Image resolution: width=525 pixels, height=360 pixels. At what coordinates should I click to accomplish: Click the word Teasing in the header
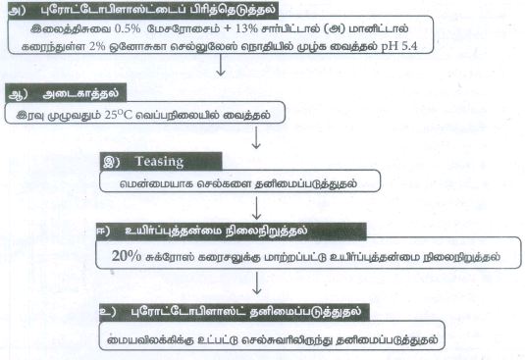[x=159, y=162]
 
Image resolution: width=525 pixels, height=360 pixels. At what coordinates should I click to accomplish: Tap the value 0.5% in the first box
[x=128, y=28]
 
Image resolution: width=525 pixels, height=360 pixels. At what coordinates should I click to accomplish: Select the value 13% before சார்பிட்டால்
[x=246, y=28]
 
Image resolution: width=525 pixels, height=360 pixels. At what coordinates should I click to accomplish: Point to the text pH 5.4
[x=399, y=46]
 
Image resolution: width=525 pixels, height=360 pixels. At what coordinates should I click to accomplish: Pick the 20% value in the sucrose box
[x=127, y=256]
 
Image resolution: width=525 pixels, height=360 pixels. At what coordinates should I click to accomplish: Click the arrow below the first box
[x=221, y=65]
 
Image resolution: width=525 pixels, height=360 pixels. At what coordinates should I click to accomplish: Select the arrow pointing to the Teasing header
[x=256, y=137]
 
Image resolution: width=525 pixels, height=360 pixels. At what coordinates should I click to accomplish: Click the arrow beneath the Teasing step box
[x=256, y=208]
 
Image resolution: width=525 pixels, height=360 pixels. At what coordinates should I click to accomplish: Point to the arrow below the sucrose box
[x=257, y=283]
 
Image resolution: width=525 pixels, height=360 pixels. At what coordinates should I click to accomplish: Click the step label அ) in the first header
[x=17, y=10]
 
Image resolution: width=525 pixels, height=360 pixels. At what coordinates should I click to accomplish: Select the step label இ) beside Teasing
[x=112, y=162]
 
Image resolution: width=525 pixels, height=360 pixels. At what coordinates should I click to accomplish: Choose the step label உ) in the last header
[x=108, y=312]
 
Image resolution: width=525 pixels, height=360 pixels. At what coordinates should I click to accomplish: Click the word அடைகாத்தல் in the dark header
[x=80, y=94]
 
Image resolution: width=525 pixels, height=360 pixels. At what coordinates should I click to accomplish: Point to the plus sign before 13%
[x=228, y=28]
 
